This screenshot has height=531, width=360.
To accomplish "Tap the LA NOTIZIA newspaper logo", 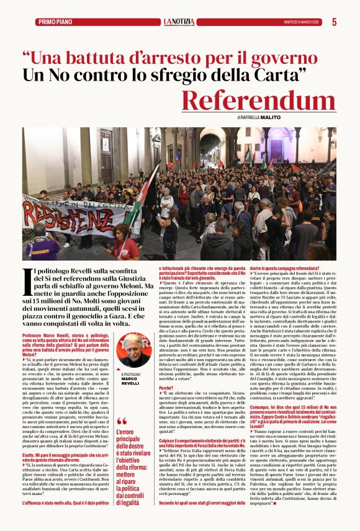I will (179, 22).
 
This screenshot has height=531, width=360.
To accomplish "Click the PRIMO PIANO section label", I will (55, 22).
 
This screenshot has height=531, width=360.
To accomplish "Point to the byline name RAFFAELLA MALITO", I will (261, 117).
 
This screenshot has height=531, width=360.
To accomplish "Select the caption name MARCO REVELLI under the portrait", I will (130, 381).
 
